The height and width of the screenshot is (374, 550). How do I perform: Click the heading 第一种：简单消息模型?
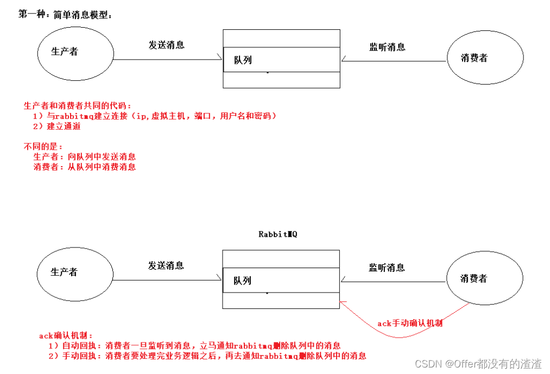tap(65, 14)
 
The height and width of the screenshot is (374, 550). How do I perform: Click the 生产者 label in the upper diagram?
tap(65, 52)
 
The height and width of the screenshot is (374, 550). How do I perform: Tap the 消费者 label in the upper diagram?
tap(474, 58)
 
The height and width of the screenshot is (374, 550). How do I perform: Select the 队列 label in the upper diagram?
tap(243, 60)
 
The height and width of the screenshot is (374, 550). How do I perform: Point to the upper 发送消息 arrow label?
tap(166, 45)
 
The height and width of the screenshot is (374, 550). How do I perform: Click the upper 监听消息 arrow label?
tap(387, 47)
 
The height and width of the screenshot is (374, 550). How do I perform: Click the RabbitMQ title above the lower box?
tap(278, 234)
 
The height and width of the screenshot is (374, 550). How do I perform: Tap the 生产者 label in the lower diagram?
tap(64, 272)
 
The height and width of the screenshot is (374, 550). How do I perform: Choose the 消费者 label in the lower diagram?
tap(473, 278)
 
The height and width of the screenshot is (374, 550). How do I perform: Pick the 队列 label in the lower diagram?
tap(242, 281)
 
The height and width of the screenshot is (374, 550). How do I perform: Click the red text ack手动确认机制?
tap(410, 323)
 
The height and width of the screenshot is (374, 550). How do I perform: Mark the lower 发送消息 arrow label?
tap(166, 265)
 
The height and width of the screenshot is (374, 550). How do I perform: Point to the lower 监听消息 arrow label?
tap(387, 268)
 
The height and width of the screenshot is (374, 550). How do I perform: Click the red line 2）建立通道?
tap(57, 126)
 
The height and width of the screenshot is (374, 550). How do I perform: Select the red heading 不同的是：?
tap(43, 147)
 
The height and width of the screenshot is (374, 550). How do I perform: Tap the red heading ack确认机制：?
tap(66, 335)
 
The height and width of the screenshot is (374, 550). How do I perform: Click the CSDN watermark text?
tap(478, 364)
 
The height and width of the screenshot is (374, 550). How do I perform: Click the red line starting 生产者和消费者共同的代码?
tap(78, 106)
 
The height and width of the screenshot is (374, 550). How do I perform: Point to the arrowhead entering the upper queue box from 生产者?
tap(220, 58)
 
